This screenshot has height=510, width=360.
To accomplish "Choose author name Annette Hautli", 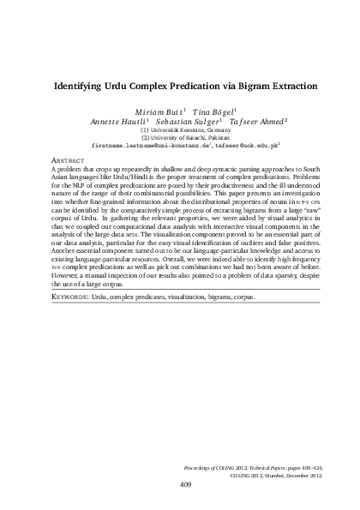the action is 127,123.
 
